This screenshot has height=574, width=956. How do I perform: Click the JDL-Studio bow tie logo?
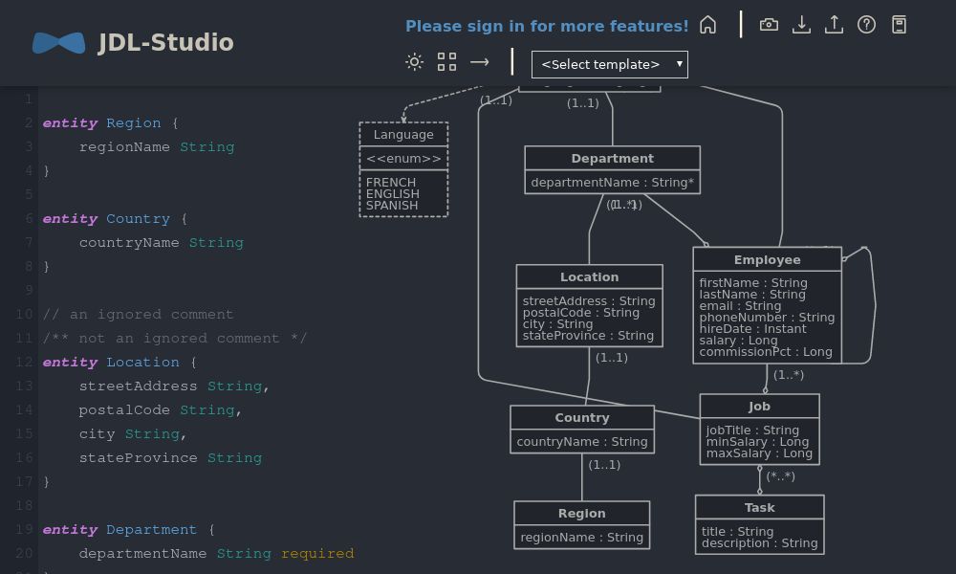(x=58, y=43)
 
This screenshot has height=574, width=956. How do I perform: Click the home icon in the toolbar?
(x=707, y=25)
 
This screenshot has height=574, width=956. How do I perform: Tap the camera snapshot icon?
(x=769, y=25)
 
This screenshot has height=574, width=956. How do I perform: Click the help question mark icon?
(x=866, y=25)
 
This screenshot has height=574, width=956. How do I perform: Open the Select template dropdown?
(x=609, y=65)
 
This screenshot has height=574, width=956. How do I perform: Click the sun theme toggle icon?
(x=414, y=62)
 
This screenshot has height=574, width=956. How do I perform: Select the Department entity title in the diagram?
(x=612, y=159)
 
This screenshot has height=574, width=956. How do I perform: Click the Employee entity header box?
(x=767, y=260)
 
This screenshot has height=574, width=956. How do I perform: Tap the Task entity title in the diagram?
(x=759, y=508)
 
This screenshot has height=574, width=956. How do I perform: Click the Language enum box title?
(x=403, y=135)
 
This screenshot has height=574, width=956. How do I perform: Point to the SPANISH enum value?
(x=392, y=206)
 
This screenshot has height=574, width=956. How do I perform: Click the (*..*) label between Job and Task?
(x=780, y=476)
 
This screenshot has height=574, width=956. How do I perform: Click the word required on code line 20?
(x=317, y=554)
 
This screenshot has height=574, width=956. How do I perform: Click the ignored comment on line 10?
(x=138, y=315)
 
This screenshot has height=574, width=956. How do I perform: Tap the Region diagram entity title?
(x=581, y=514)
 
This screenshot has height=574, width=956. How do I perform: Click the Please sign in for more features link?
(x=547, y=26)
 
